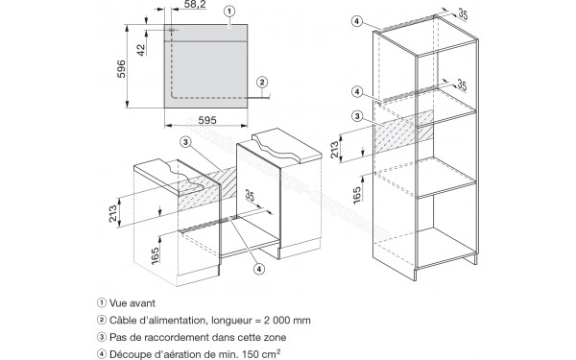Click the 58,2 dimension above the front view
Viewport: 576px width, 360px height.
pos(195,4)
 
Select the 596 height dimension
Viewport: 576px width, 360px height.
pos(121,69)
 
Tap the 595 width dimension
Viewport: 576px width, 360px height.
pos(207,120)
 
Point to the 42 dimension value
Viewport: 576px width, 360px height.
pos(141,50)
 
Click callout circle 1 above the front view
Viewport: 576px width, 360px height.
pos(229,12)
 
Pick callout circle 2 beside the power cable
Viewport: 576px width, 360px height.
pos(262,82)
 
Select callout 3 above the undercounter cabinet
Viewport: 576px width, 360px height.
pos(186,142)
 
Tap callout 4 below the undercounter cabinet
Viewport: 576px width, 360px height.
pos(259,269)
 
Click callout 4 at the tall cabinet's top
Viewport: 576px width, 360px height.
pos(357,22)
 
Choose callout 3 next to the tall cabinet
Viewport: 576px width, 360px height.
pos(357,117)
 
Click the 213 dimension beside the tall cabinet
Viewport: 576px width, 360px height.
pos(335,150)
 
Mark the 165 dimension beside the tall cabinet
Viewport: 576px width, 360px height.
pos(357,195)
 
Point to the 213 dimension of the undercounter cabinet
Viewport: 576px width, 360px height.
pos(112,213)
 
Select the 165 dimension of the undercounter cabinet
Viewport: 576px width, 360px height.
pos(155,255)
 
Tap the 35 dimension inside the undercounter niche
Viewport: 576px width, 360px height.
pos(250,196)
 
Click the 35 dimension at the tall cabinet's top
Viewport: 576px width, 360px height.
pos(463,14)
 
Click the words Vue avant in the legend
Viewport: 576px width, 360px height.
pos(132,303)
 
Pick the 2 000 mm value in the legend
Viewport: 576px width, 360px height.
pos(287,320)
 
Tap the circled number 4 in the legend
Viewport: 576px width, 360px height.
pos(102,354)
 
